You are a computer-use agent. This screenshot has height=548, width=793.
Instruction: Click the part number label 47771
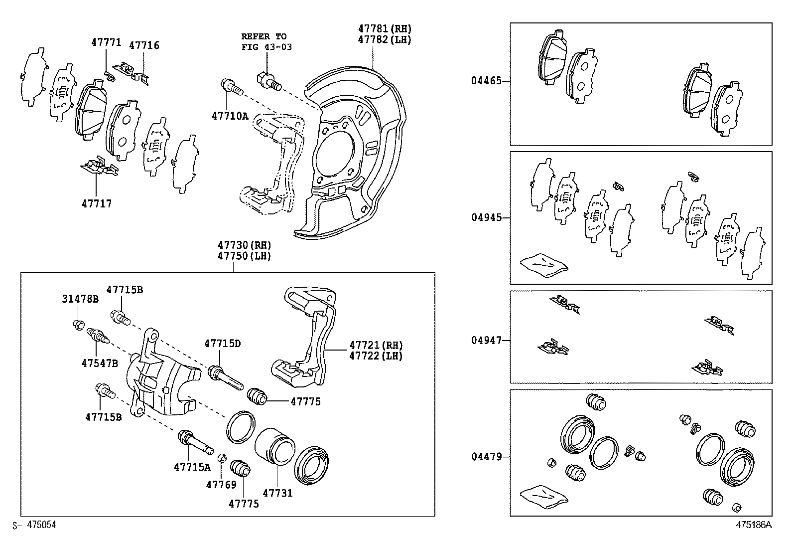[x=106, y=42]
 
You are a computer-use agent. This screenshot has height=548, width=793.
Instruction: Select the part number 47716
[x=144, y=45]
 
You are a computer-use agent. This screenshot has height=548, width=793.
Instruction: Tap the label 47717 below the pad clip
[x=97, y=203]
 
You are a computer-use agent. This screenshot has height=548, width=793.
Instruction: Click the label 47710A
[x=230, y=116]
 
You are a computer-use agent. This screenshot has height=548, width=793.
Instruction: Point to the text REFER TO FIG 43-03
[x=266, y=42]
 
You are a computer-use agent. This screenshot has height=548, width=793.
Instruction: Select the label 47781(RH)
[x=385, y=28]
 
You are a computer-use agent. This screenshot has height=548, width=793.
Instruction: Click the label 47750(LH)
[x=244, y=256]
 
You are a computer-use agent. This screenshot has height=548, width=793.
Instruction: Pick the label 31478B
[x=80, y=299]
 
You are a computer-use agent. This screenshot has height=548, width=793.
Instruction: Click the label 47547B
[x=100, y=363]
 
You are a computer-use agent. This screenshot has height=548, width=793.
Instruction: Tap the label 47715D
[x=222, y=344]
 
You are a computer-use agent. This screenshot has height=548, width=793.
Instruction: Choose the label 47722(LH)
[x=376, y=356]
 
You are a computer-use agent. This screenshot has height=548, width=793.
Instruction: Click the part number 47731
[x=277, y=493]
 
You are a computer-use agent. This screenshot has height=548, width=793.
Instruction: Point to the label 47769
[x=221, y=484]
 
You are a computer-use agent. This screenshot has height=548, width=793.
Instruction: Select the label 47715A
[x=192, y=467]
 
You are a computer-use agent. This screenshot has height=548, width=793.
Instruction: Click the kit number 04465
[x=486, y=81]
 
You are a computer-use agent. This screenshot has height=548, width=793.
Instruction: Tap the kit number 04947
[x=486, y=341]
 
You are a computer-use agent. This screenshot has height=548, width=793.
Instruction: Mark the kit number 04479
[x=486, y=456]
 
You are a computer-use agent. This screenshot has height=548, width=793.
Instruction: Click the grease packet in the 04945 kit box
[x=543, y=264]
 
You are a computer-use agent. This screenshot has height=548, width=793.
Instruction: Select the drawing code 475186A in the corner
[x=754, y=525]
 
